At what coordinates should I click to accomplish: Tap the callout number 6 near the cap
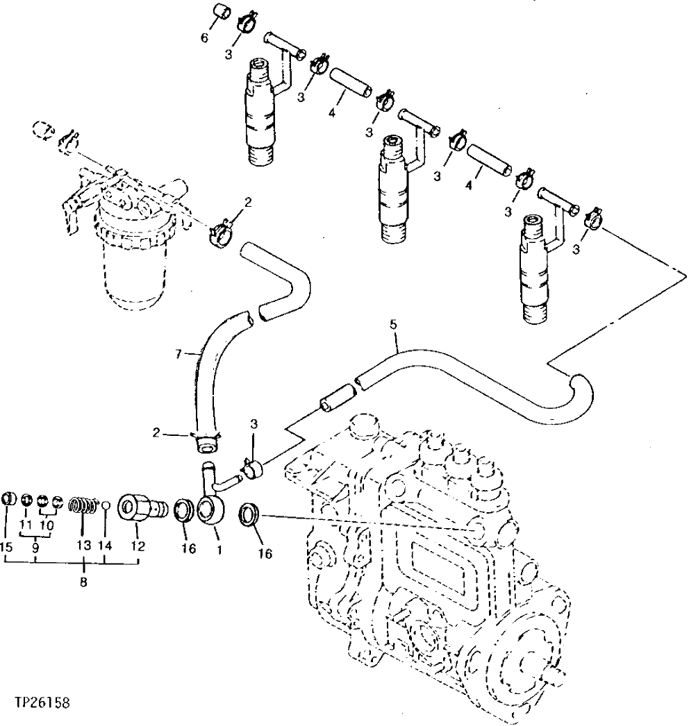pos(204,38)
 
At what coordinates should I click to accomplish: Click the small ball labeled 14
pos(106,507)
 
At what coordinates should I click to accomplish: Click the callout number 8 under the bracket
pos(83,583)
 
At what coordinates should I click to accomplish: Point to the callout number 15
pos(6,547)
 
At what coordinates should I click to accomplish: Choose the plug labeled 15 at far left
pos(9,500)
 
